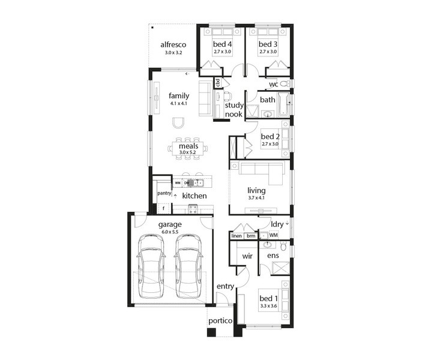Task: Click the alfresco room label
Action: (173, 44)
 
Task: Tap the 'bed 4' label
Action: (222, 44)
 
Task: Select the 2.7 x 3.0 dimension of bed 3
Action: (268, 52)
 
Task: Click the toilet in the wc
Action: (285, 84)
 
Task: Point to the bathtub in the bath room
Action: (283, 104)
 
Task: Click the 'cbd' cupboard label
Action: (218, 83)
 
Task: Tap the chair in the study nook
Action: (228, 96)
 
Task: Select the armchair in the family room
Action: (178, 124)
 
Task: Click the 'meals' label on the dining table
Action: (188, 146)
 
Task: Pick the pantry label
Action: (164, 193)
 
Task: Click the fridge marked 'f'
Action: (163, 208)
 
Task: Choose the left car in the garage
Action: (151, 266)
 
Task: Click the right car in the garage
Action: (188, 266)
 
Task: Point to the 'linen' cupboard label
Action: (237, 236)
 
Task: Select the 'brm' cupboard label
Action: (251, 236)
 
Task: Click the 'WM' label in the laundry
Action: (274, 235)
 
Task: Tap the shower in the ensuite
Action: (280, 268)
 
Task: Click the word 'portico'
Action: (220, 321)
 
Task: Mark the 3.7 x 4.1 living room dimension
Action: (256, 198)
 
